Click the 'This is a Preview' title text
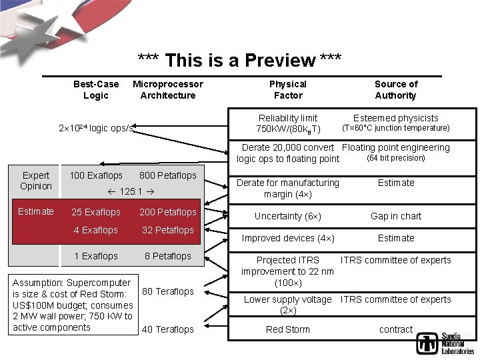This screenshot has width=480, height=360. (239, 61)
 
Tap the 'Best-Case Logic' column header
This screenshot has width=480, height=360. (96, 89)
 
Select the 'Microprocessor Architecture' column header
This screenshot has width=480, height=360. (168, 89)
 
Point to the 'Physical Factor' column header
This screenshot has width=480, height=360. (288, 89)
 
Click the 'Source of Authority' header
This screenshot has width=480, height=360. (396, 89)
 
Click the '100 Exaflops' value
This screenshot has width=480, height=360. (96, 175)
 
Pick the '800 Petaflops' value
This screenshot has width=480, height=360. (168, 175)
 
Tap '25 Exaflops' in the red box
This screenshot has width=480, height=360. (96, 212)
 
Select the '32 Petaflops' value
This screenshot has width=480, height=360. (168, 230)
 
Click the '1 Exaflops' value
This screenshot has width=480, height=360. (96, 256)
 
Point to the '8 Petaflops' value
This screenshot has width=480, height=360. (168, 256)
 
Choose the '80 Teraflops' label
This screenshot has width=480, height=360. (168, 291)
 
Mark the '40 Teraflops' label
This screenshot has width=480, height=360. (168, 329)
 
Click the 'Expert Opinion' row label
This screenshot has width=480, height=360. (36, 181)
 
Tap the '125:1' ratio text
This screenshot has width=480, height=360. (131, 191)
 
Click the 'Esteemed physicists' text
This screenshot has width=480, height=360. (396, 118)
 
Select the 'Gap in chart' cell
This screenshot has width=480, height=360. (396, 216)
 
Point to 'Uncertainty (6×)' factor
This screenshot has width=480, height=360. (288, 216)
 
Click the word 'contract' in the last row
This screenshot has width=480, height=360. (396, 329)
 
